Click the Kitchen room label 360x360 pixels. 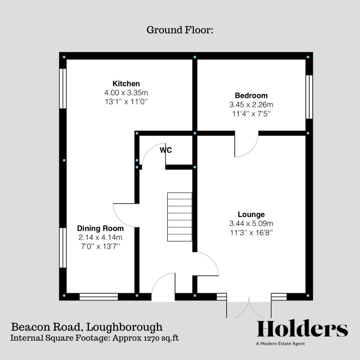click(x=126, y=84)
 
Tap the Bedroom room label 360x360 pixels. click(x=251, y=96)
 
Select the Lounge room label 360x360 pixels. click(x=251, y=214)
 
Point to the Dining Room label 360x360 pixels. click(x=100, y=229)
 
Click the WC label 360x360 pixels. click(x=166, y=150)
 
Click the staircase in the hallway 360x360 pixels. click(x=180, y=217)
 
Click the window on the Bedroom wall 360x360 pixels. click(x=309, y=97)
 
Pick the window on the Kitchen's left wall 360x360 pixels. click(x=63, y=88)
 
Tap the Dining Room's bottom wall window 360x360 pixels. click(x=99, y=297)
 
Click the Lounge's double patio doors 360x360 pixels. click(x=249, y=307)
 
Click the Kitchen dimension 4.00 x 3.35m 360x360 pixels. click(x=126, y=93)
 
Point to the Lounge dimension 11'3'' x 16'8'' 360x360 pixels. click(x=251, y=233)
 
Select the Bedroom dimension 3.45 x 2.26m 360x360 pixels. click(x=251, y=105)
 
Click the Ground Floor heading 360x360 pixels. click(x=180, y=30)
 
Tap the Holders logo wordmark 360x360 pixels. click(x=302, y=329)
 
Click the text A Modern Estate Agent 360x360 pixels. click(x=280, y=344)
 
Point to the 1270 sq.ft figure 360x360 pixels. click(x=157, y=338)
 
